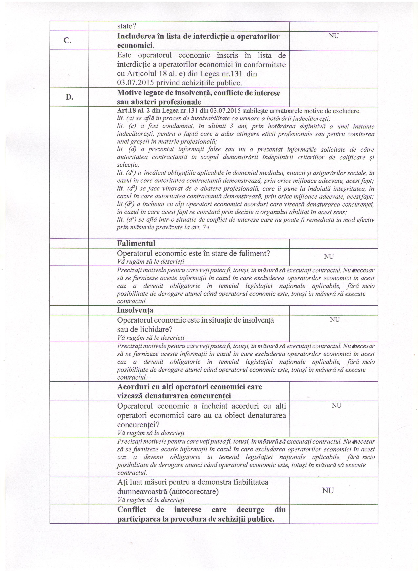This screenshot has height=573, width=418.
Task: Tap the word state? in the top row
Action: pyautogui.click(x=127, y=26)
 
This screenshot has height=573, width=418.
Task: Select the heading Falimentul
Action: pyautogui.click(x=136, y=243)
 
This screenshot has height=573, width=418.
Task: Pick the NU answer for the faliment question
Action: pyautogui.click(x=329, y=256)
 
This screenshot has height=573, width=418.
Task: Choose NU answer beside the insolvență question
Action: pyautogui.click(x=335, y=320)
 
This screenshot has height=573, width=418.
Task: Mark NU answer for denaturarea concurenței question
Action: pyautogui.click(x=337, y=406)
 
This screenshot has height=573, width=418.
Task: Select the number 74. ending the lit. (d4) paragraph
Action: pyautogui.click(x=207, y=227)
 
